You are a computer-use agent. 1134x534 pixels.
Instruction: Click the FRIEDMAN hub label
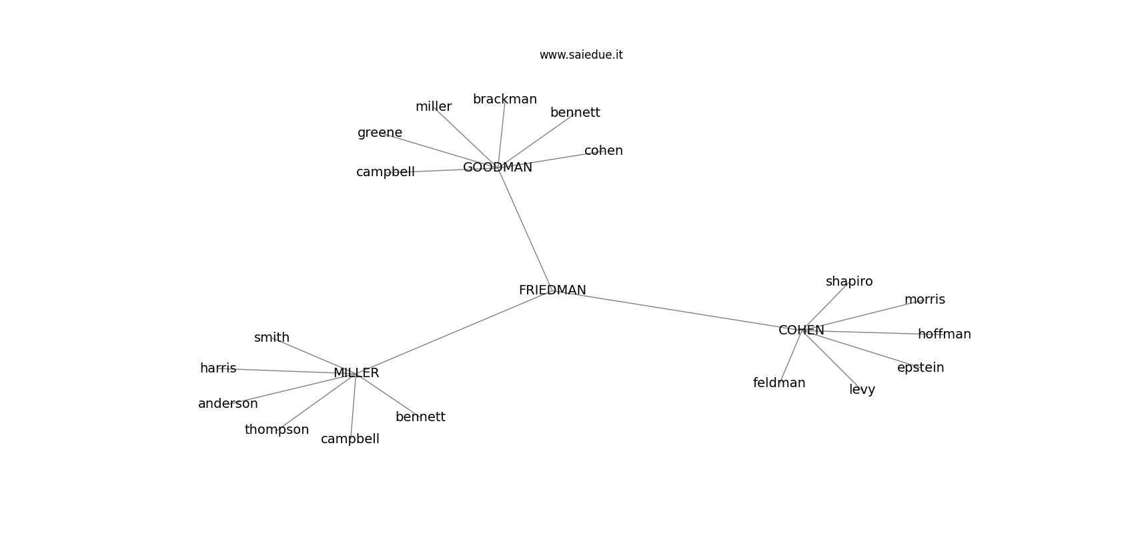[x=552, y=290]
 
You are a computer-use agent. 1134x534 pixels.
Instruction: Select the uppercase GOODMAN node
[x=498, y=167]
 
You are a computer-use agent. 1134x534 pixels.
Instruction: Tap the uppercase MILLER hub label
[x=356, y=373]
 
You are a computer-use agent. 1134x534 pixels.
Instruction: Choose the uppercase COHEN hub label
[x=801, y=330]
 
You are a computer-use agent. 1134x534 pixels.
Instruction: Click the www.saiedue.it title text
[x=581, y=55]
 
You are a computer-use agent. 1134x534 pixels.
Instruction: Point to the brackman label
[x=505, y=99]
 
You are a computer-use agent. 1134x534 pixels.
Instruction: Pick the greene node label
[x=380, y=133]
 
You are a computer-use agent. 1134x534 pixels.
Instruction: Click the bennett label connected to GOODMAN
[x=575, y=113]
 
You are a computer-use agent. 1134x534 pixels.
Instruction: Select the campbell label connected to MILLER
[x=350, y=439]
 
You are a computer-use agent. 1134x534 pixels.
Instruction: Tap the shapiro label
[x=849, y=282]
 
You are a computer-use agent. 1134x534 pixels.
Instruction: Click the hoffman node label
[x=944, y=334]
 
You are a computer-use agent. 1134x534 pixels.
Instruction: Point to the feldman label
[x=779, y=383]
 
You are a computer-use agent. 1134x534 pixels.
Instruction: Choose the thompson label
[x=276, y=430]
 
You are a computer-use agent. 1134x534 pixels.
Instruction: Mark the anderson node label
[x=228, y=404]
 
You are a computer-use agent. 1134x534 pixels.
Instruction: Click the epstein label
[x=921, y=368]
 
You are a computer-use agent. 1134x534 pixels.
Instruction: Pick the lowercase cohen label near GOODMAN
[x=604, y=151]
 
